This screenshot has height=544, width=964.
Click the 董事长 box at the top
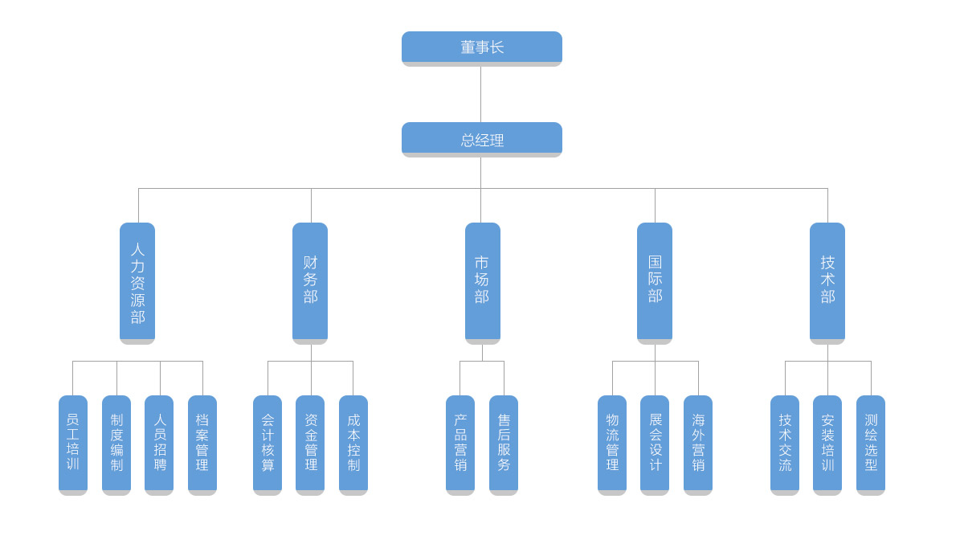click(481, 47)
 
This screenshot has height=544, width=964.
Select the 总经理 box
click(481, 139)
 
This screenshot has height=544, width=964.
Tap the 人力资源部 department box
click(137, 283)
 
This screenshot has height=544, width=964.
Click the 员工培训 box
click(73, 444)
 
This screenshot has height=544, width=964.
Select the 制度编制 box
click(116, 444)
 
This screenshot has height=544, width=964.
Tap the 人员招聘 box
click(159, 444)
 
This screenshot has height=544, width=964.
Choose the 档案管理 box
click(202, 444)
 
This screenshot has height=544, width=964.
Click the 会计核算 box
click(268, 444)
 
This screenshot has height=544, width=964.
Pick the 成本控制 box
click(353, 444)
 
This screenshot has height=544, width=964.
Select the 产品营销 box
click(460, 444)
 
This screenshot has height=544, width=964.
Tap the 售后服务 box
click(504, 444)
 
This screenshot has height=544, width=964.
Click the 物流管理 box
click(612, 444)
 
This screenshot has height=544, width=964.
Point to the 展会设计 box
click(655, 444)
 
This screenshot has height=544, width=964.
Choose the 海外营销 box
click(698, 444)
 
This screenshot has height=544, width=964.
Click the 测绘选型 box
click(871, 444)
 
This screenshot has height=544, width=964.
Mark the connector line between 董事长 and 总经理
click(480, 94)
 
